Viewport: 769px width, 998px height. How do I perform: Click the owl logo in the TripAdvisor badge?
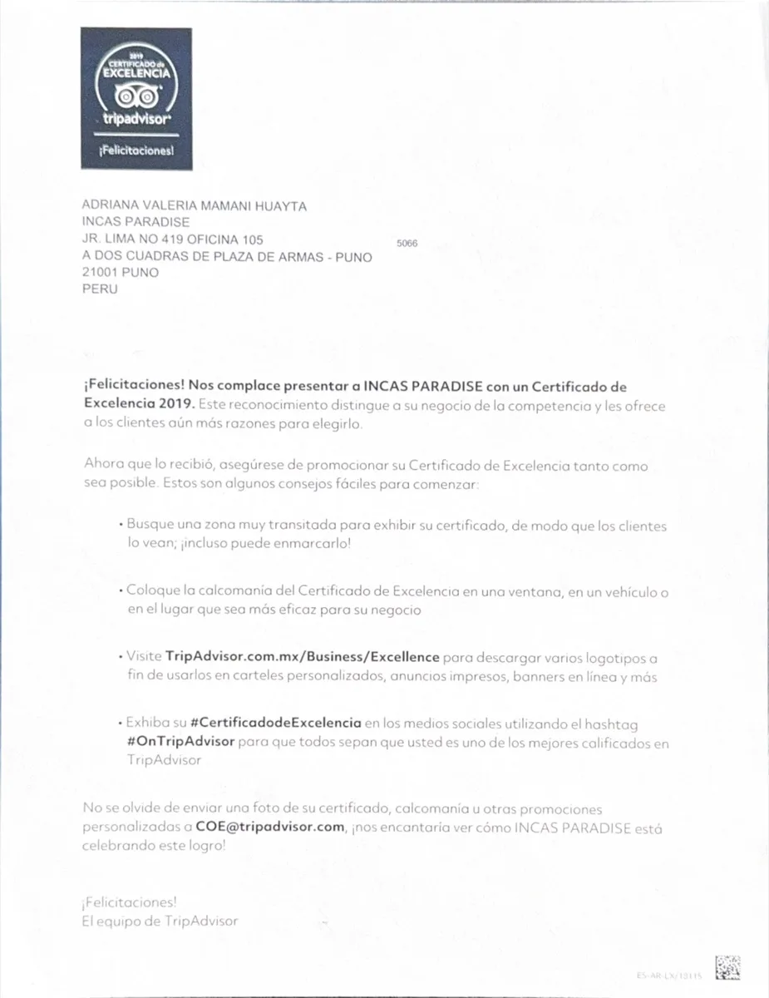[136, 98]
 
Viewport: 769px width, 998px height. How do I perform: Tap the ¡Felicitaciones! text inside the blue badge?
[136, 152]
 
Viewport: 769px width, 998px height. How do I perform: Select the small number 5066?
[407, 244]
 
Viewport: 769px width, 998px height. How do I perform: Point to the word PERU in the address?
[100, 289]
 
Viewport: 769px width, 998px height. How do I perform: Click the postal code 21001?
[101, 272]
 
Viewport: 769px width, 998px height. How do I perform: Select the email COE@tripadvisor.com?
[270, 827]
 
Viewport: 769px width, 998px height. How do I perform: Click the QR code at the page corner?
[727, 967]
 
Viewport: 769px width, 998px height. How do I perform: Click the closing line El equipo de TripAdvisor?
[160, 921]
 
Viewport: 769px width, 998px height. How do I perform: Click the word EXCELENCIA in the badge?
[136, 73]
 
